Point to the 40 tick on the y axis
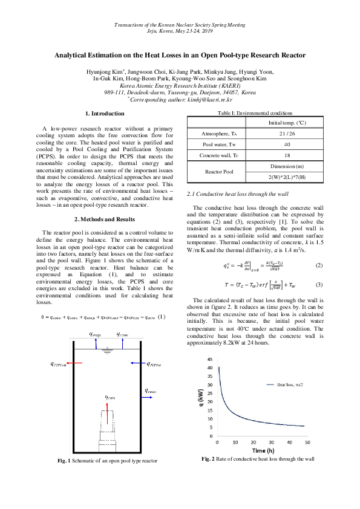(x=209, y=368)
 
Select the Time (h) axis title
(x=263, y=450)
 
